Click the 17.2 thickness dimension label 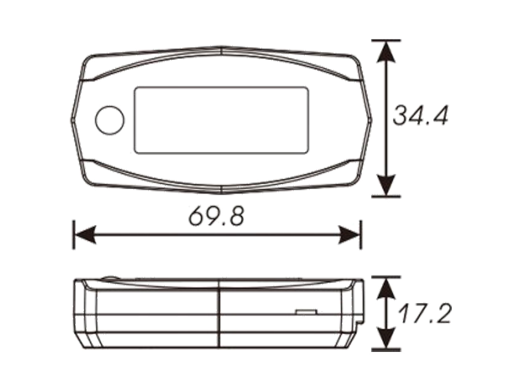(424, 314)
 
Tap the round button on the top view (109, 120)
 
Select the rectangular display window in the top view (221, 120)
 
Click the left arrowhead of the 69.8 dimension (85, 235)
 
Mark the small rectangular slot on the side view (306, 311)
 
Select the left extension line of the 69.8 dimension (74, 235)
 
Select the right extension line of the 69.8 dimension (360, 235)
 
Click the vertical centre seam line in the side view (221, 313)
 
